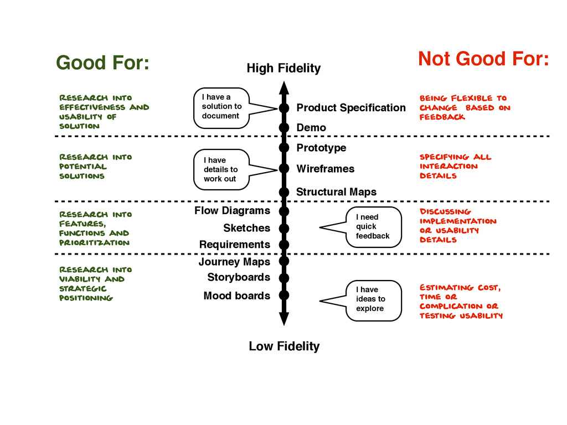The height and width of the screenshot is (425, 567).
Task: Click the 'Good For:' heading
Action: [102, 63]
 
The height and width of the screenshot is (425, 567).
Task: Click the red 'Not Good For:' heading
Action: [483, 58]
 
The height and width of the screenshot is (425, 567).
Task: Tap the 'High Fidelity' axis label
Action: [283, 69]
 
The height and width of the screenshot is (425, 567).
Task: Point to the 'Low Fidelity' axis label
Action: [284, 346]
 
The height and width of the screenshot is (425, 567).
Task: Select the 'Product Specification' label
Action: [351, 107]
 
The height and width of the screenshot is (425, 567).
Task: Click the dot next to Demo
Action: [284, 128]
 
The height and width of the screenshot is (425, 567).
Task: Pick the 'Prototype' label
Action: [321, 148]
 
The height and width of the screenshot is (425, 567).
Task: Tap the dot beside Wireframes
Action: [284, 168]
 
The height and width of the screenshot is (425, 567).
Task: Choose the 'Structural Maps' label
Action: [336, 192]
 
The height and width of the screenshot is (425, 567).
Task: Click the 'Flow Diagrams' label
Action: [232, 211]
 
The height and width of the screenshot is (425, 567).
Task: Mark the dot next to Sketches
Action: [284, 228]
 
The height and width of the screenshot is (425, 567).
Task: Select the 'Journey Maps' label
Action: [234, 262]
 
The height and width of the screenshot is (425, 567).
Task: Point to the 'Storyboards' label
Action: [239, 277]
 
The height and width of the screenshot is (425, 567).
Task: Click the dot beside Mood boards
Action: [284, 296]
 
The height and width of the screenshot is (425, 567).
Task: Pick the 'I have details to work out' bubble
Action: [221, 169]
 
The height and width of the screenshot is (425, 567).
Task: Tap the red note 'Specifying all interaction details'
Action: [455, 166]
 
